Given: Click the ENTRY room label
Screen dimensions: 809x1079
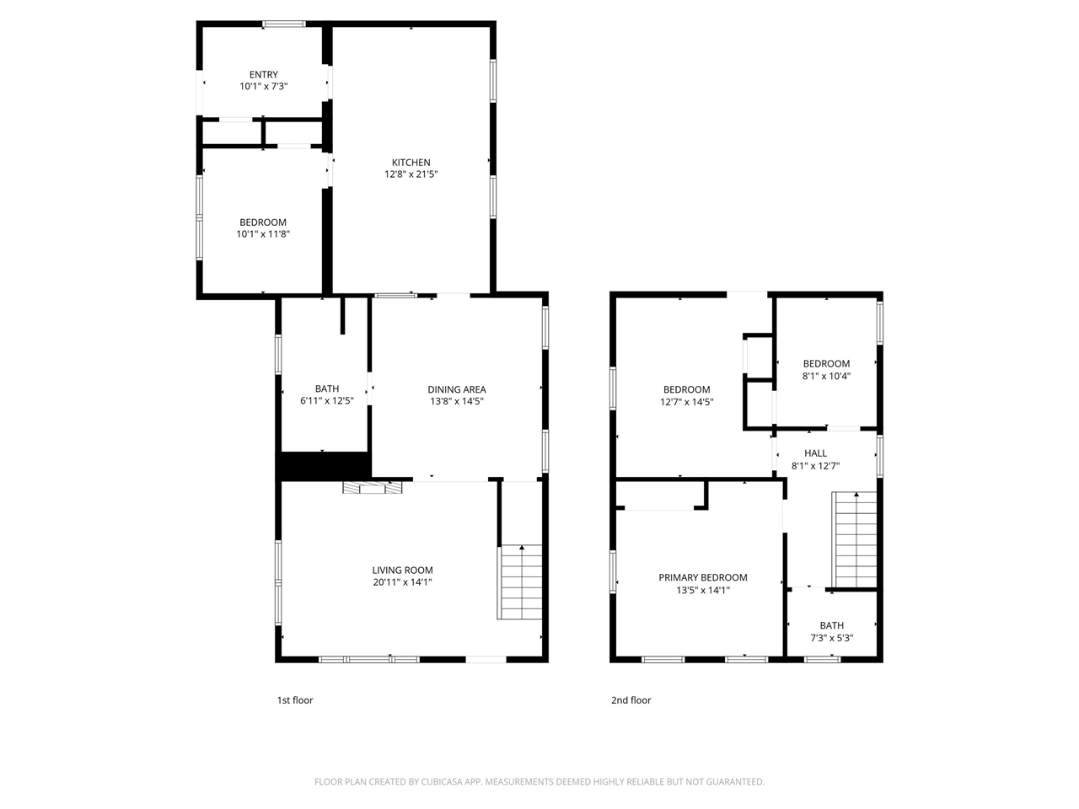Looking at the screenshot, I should click(263, 75).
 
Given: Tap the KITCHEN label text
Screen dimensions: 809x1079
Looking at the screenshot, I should click(411, 163).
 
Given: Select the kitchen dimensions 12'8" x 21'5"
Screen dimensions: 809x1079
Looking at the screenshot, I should click(411, 174).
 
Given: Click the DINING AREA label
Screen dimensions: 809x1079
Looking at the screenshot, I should click(456, 389).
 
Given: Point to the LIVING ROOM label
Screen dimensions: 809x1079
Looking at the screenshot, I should click(402, 571).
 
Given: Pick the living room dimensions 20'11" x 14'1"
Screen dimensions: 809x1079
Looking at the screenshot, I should click(402, 582).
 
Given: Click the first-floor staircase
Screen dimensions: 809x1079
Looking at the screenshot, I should click(521, 582).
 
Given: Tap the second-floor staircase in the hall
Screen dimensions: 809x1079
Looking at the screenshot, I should click(856, 539).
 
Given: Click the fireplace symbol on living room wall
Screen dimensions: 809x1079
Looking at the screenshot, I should click(373, 487).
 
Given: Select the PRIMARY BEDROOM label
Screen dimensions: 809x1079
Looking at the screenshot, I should click(702, 578).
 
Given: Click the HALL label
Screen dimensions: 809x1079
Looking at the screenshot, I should click(815, 453).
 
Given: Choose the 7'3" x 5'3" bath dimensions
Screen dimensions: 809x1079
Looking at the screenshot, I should click(831, 638).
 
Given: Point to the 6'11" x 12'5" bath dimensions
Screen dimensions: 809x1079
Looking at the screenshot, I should click(326, 401).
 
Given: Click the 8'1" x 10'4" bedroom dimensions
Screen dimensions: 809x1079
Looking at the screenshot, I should click(825, 376).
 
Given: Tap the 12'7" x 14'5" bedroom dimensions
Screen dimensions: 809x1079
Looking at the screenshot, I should click(686, 402).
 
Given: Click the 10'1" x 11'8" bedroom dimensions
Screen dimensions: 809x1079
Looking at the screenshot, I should click(263, 234).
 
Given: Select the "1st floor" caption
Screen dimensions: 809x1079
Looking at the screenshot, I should click(295, 700).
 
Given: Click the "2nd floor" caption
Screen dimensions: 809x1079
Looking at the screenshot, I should click(631, 700).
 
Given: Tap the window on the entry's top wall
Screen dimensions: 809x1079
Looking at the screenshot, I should click(284, 24).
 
